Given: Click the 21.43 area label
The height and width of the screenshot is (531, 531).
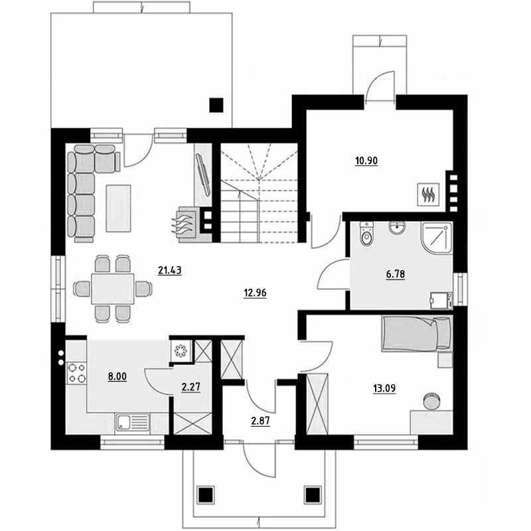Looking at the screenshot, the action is [x=170, y=270].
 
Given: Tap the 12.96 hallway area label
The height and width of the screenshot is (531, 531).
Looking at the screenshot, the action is [x=255, y=293].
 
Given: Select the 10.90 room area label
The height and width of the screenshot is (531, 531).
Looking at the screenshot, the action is [x=366, y=161].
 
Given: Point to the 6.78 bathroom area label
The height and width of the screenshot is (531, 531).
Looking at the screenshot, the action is [x=395, y=274].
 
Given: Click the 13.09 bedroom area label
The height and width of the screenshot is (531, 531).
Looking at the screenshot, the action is [x=384, y=388].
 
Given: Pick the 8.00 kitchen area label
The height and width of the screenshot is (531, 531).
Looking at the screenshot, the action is [x=117, y=376].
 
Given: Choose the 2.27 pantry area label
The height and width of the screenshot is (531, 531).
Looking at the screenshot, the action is [x=191, y=387].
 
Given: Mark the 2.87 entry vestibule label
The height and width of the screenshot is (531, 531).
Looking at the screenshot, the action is [x=260, y=421].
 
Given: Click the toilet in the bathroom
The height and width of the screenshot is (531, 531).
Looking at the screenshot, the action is [x=366, y=234].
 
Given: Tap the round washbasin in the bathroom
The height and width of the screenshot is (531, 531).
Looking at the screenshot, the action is [x=397, y=228].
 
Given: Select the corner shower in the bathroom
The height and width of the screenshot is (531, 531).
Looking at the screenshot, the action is [x=437, y=238].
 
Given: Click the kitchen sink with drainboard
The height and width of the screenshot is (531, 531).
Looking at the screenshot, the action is [x=132, y=422].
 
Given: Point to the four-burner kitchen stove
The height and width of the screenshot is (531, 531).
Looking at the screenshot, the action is [x=76, y=372].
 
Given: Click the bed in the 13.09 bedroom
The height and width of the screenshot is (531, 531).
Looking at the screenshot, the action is [x=417, y=334].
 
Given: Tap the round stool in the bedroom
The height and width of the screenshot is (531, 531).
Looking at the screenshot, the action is [x=431, y=401].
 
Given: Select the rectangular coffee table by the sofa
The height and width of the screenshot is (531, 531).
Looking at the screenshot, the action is [x=118, y=208].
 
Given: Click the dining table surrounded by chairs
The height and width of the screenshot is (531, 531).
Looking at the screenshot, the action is [x=113, y=289].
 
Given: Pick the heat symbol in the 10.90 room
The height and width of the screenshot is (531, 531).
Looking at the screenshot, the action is [x=428, y=194].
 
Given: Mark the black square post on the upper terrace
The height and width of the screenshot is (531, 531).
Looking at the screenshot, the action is [x=216, y=105].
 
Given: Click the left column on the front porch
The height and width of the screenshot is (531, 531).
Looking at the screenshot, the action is [x=206, y=495].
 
